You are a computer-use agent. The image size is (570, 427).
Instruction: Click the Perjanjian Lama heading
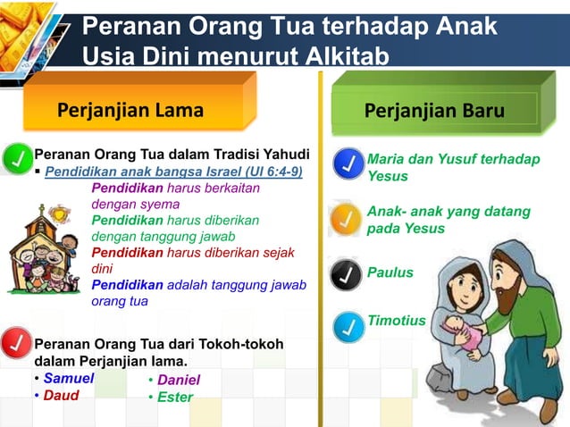130,111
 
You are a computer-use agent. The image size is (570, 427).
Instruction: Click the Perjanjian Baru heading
434,111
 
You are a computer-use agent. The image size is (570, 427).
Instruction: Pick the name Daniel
178,380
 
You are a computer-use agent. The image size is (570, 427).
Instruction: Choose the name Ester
174,397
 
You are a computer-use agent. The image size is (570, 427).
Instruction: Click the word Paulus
390,272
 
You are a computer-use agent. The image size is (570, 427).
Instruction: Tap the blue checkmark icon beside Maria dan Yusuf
347,165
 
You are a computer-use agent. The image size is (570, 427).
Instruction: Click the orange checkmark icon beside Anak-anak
347,219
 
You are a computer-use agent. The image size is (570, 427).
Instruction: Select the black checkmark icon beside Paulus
347,274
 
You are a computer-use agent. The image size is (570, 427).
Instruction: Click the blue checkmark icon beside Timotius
347,328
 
